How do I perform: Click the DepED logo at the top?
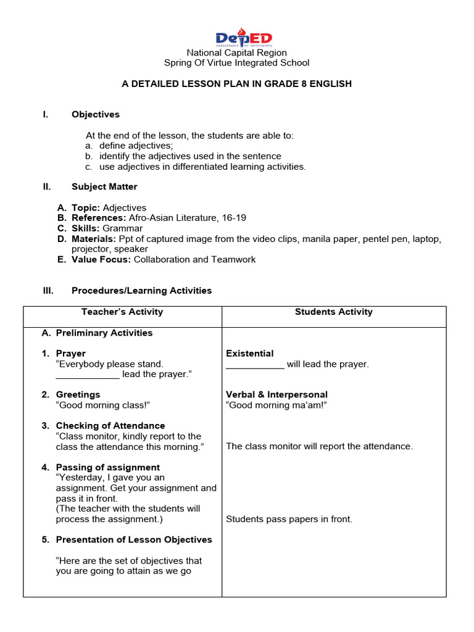243,38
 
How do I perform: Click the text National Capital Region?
236,53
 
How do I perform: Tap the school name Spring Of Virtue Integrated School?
236,63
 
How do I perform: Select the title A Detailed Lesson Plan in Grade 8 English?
236,84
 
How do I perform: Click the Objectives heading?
96,115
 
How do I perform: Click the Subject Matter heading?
104,187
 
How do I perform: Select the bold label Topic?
86,208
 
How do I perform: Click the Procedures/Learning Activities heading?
141,291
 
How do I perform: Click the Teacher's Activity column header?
122,312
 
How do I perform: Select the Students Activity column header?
333,312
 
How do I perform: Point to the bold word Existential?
249,354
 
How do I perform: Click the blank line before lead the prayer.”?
87,375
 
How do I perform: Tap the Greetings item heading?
78,395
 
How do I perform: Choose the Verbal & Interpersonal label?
276,395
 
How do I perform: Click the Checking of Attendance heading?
110,426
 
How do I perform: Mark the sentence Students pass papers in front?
289,520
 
